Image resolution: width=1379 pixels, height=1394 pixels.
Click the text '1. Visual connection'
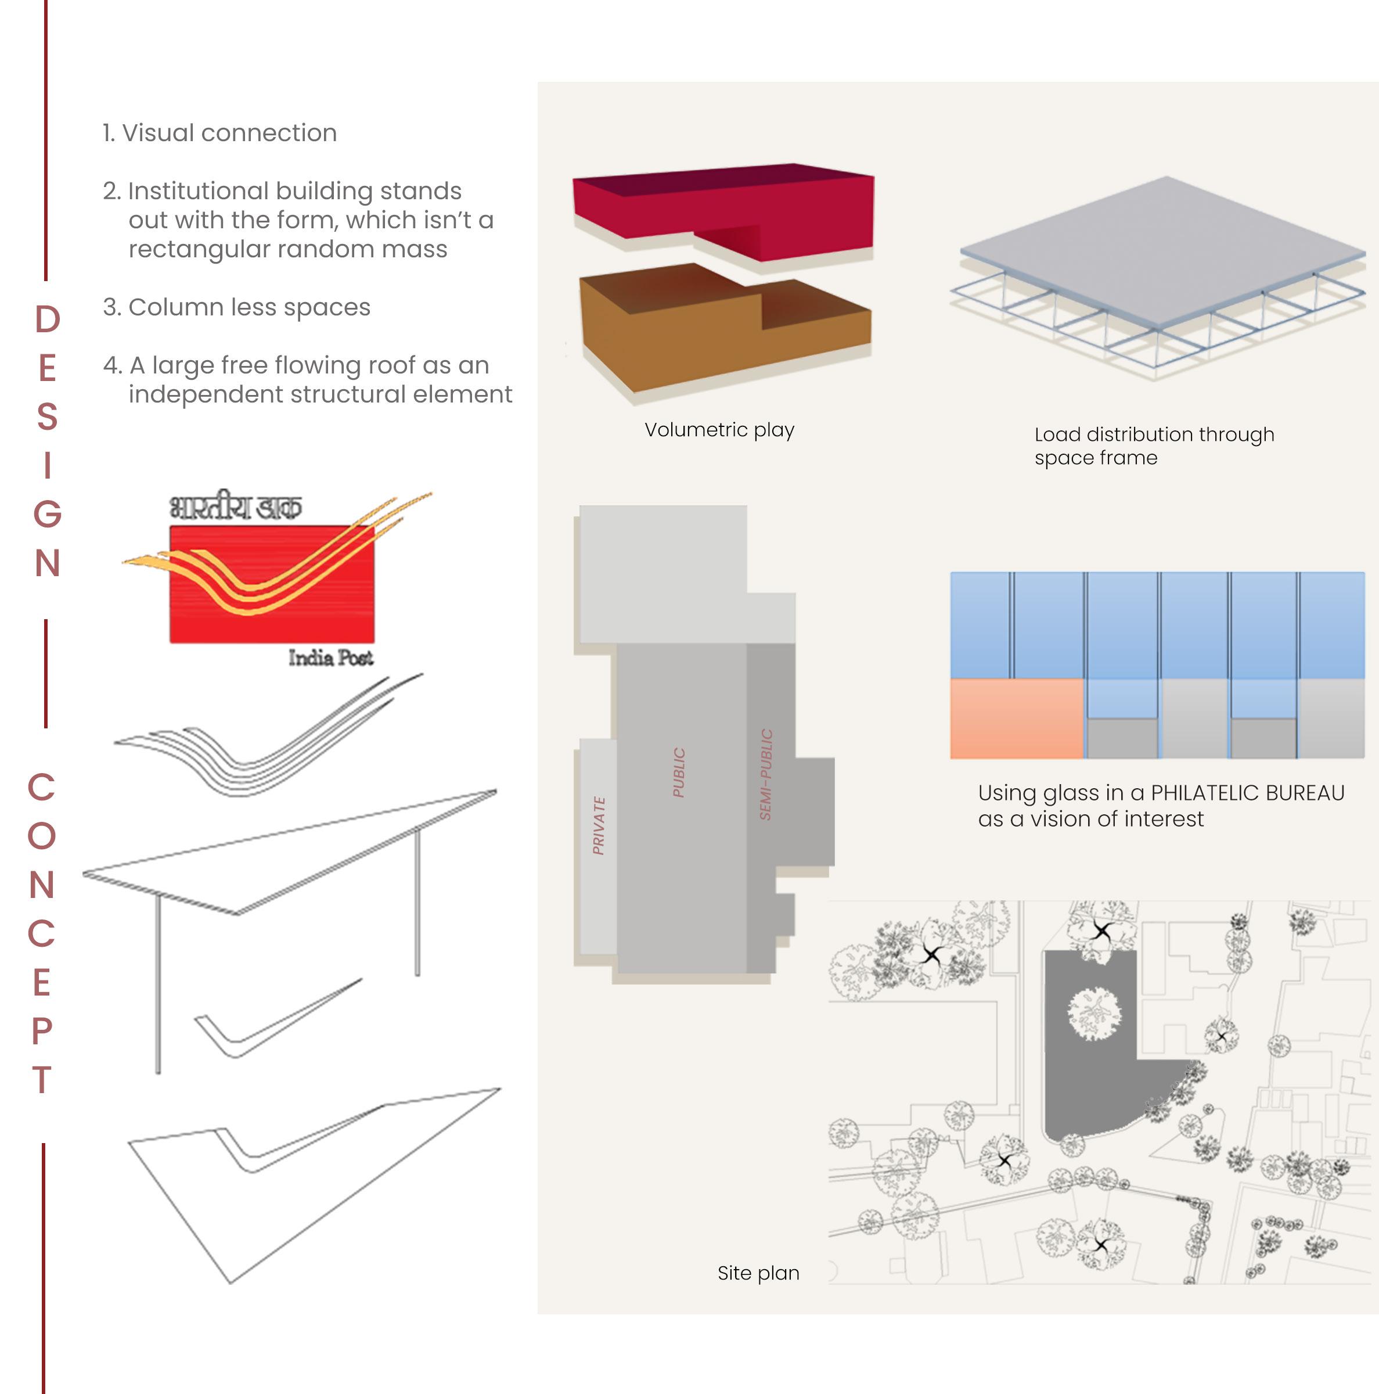coord(219,133)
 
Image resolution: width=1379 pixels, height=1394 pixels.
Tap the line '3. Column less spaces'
coord(236,307)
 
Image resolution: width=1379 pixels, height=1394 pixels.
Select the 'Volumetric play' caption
coord(719,430)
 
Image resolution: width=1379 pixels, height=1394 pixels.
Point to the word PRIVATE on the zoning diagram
coord(599,825)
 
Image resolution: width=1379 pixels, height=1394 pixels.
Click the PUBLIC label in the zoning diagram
coord(679,772)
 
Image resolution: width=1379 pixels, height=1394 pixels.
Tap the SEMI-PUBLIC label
coord(766,774)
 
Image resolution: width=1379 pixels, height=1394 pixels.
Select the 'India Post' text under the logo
coord(330,658)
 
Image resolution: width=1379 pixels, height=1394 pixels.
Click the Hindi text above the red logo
coord(235,507)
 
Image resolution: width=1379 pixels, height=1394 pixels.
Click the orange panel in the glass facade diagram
coord(1016,718)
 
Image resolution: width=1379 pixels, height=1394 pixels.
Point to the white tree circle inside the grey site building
coord(1094,1014)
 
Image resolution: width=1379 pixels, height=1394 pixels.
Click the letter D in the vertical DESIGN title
coord(48,319)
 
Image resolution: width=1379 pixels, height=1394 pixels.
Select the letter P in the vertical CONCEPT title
coord(42,1031)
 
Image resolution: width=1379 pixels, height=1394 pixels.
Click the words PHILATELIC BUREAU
coord(1247,793)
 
